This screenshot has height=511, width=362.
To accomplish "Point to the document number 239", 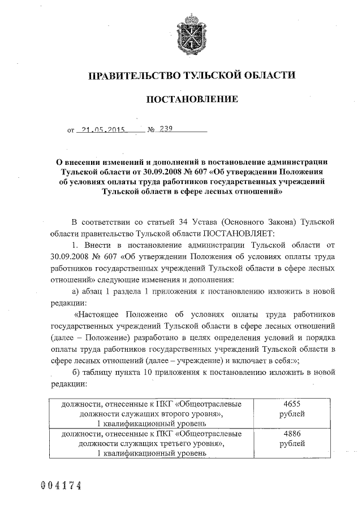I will (x=166, y=129).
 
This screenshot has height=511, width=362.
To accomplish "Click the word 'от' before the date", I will (x=71, y=130).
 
